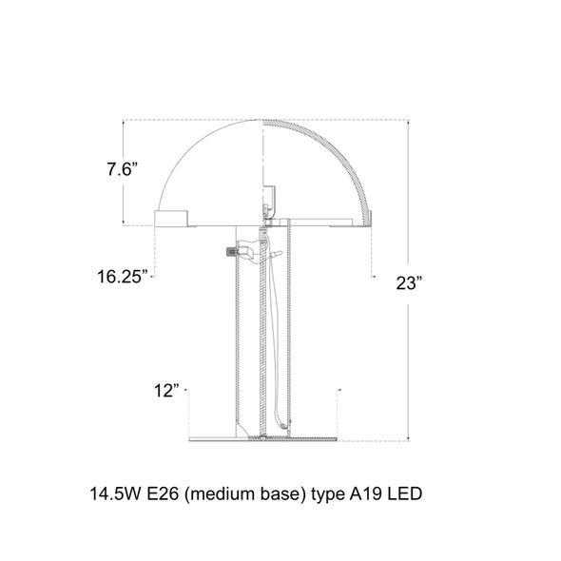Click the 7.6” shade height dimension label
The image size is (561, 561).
click(x=123, y=169)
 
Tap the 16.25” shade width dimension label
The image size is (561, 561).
click(x=123, y=277)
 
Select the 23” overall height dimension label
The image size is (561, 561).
click(x=410, y=283)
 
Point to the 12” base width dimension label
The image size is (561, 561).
click(x=166, y=391)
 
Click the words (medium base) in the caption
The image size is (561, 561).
click(x=245, y=494)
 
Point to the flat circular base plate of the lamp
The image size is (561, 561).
click(x=263, y=438)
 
